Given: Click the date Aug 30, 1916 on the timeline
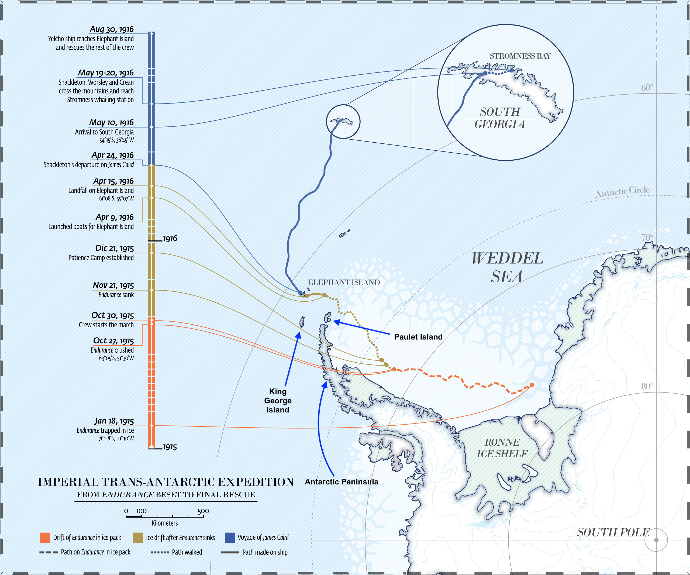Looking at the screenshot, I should click(112, 29).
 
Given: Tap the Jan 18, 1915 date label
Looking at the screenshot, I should click(114, 421).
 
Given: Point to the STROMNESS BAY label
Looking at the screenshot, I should click(520, 56).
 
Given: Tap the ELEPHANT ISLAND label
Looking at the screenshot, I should click(343, 282).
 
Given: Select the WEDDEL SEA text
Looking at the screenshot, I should click(507, 267).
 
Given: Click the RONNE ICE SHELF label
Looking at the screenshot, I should click(502, 448).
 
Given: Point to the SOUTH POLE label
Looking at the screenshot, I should click(613, 532).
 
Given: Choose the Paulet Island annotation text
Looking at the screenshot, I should click(418, 337).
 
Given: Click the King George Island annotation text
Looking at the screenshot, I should click(278, 401).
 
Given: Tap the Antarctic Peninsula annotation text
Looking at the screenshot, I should click(341, 482).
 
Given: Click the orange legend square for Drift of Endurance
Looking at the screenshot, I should click(45, 538).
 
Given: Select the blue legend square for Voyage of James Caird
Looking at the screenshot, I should click(230, 538).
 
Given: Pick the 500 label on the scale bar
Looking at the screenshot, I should click(203, 511).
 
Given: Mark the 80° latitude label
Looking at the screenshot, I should click(647, 386).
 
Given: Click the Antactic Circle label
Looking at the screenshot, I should click(623, 192).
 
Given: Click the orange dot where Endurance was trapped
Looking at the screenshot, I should click(532, 385).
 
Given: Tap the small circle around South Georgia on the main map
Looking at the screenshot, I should click(343, 122).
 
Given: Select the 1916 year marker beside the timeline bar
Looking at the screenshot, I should click(170, 239).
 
